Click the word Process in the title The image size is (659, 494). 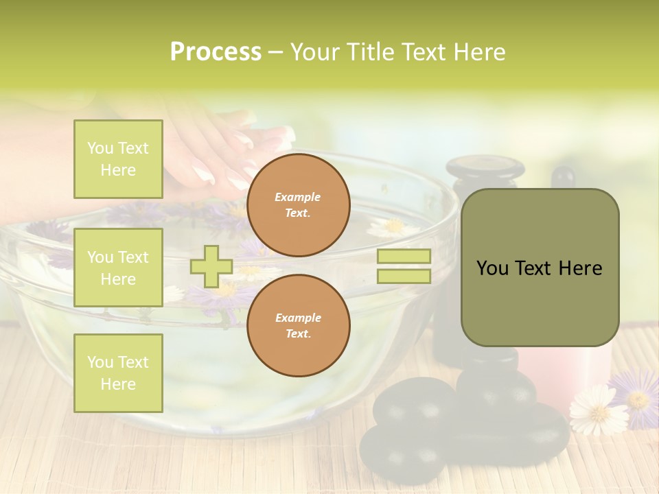coord(216,52)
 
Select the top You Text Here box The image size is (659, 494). coord(118,158)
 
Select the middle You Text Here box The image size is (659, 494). coord(118,268)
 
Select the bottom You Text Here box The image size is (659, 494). coord(118,373)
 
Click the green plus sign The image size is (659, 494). coord(211,266)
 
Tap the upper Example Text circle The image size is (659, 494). coord(298,205)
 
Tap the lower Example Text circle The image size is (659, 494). coord(298,326)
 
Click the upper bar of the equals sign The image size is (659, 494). coord(404,257)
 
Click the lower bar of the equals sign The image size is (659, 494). coord(404,277)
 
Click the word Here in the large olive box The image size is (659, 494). coord(580,268)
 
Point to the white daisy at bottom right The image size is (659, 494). coord(599,409)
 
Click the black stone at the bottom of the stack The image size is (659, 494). coord(402,454)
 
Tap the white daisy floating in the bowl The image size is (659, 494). coord(393,228)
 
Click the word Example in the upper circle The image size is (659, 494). coord(298,197)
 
